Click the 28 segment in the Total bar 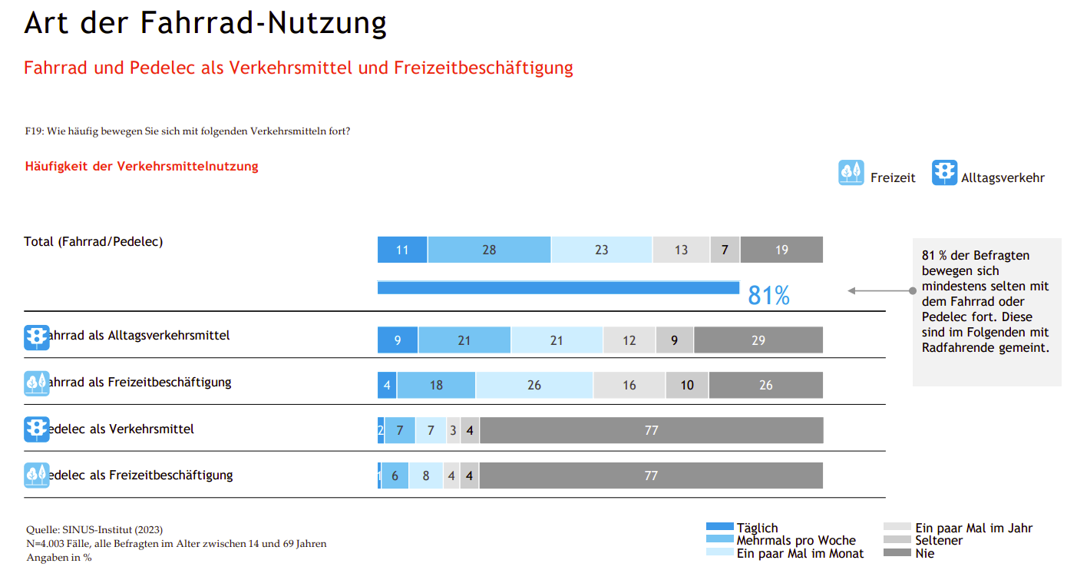click(489, 250)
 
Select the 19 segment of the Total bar click(781, 250)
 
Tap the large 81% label click(768, 295)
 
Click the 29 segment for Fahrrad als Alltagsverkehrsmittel click(758, 340)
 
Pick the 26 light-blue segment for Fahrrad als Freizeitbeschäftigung click(534, 386)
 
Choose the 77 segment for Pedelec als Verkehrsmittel click(651, 430)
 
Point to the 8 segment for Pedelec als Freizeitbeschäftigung click(426, 476)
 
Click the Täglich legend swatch click(719, 527)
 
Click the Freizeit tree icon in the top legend click(851, 173)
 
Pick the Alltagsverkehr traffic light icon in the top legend click(944, 173)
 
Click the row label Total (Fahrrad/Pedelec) click(94, 241)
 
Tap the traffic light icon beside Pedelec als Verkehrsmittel click(36, 429)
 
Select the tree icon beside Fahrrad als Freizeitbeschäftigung click(36, 383)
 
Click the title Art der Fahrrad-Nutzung click(205, 23)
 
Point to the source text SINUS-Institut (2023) click(94, 529)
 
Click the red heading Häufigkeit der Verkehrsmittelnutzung click(141, 166)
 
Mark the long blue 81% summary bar click(558, 287)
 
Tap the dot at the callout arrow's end click(912, 290)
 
